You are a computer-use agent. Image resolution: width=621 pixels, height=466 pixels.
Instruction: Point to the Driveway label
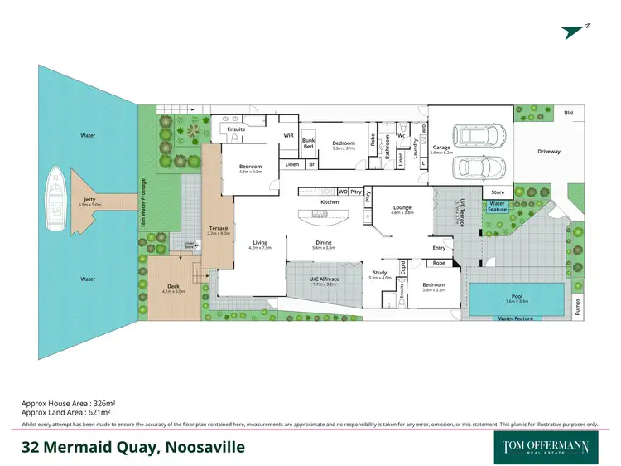coord(548,152)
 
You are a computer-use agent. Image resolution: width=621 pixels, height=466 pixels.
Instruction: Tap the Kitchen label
coord(330,202)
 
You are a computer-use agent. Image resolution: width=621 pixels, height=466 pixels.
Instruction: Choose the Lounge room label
coord(402,208)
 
